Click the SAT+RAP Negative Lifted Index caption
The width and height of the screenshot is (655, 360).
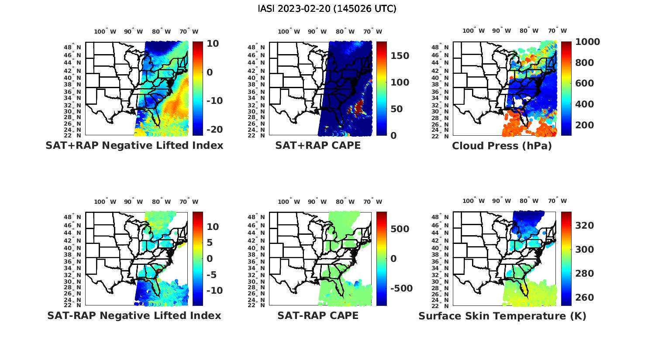134,145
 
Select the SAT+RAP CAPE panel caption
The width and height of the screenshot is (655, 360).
318,145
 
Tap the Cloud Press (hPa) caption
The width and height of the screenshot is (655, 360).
502,146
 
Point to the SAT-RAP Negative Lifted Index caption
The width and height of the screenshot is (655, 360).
134,315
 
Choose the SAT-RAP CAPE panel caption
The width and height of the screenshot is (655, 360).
318,315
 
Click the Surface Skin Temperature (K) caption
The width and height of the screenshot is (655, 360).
502,316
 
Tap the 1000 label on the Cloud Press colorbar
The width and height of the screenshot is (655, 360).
587,42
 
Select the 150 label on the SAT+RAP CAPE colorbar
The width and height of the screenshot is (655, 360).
400,56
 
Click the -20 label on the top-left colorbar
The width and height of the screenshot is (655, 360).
214,130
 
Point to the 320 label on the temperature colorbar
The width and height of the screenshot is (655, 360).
584,225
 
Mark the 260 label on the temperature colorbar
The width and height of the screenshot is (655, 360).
584,298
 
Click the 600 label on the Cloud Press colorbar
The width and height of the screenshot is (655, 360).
584,83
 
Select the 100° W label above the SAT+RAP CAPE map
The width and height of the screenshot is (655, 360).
289,31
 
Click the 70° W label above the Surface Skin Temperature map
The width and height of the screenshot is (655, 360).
557,201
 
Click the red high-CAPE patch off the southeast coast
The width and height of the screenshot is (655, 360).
359,106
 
